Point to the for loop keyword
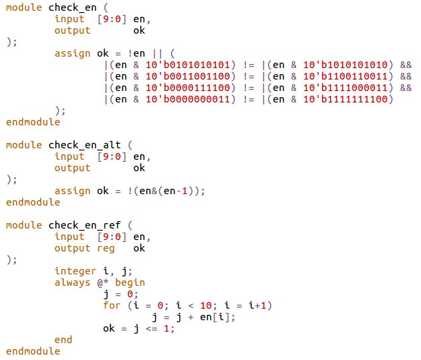(112, 305)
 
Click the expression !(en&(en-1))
(159, 191)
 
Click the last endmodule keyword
(32, 351)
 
